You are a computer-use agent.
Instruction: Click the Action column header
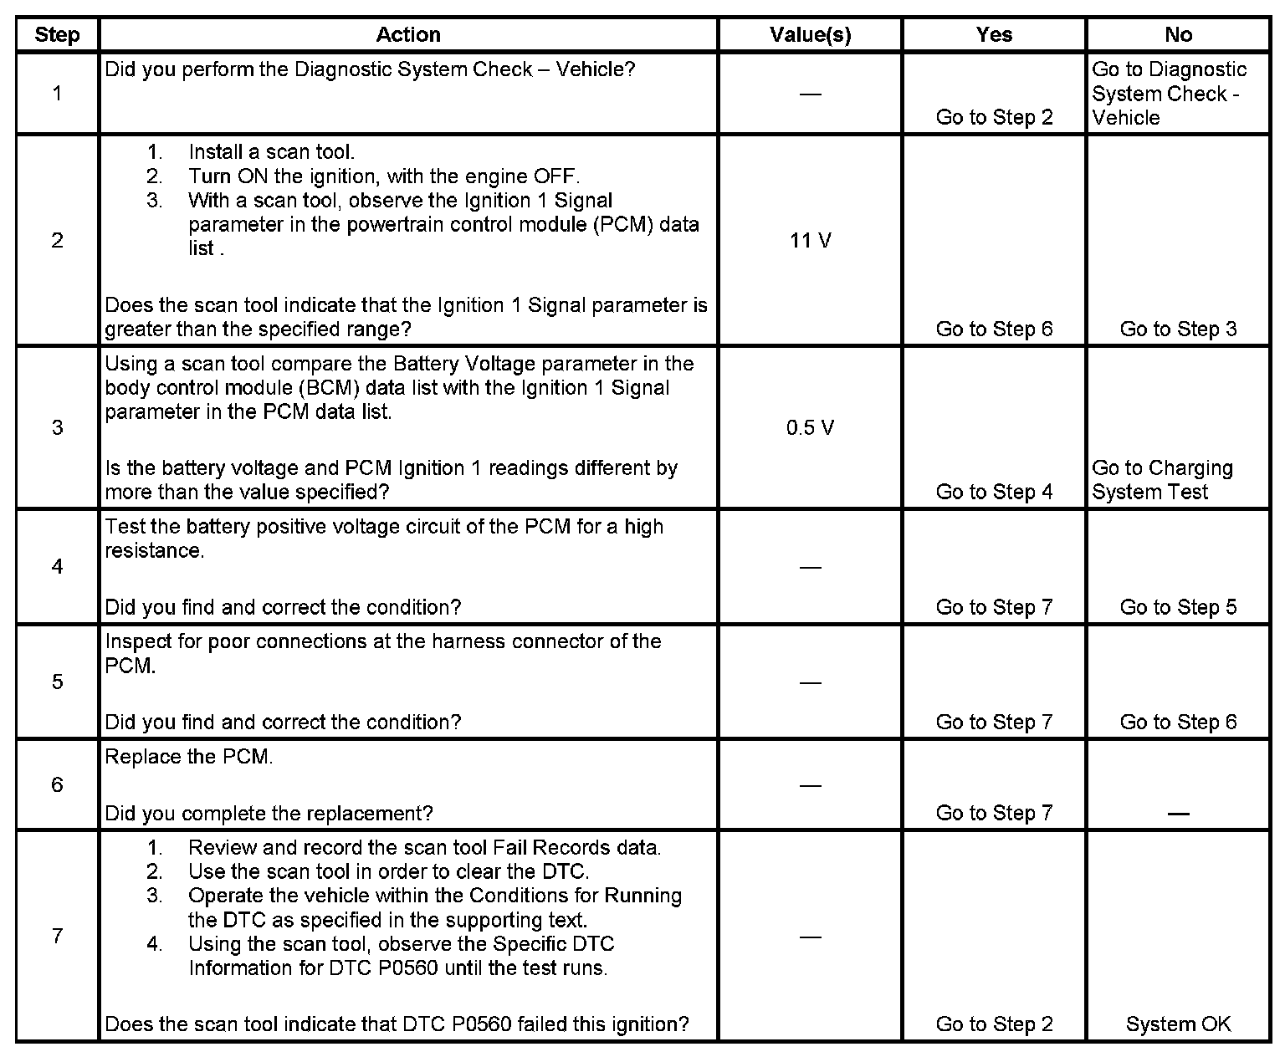coord(407,34)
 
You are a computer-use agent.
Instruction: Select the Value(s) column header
coord(810,34)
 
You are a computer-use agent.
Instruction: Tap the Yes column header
coord(994,34)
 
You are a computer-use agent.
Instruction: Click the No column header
coord(1178,34)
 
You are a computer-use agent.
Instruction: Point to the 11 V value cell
coord(810,241)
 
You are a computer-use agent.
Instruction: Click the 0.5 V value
coord(810,428)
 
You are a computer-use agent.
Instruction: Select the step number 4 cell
coord(57,567)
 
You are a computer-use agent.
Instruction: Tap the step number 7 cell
coord(57,936)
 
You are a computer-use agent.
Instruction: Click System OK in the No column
coord(1178,1024)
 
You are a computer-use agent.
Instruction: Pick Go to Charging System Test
coord(1162,480)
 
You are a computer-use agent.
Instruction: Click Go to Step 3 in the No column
coord(1178,329)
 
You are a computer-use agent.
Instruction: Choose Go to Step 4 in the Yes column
coord(994,492)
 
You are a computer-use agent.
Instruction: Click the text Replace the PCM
coord(189,757)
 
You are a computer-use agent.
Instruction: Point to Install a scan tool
coord(271,152)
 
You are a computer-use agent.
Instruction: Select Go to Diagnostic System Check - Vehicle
coord(1169,94)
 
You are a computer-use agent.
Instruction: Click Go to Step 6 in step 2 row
coord(994,329)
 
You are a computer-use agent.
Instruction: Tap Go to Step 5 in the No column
coord(1178,607)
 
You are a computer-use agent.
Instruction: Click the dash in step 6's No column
coord(1178,813)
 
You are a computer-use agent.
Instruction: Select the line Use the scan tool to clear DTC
coord(388,872)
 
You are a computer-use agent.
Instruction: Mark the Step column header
coord(57,34)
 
